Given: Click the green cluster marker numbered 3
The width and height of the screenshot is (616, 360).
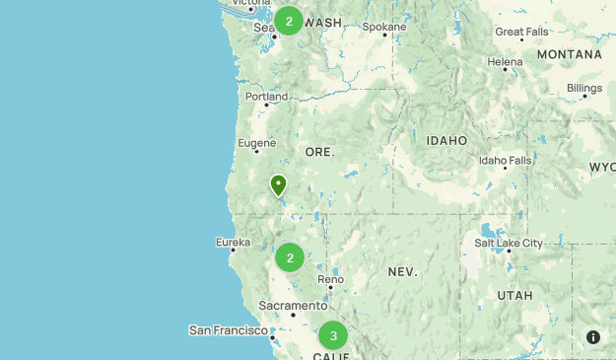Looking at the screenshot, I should pos(333,335).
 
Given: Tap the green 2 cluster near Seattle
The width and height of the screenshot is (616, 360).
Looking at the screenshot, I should pos(289,21).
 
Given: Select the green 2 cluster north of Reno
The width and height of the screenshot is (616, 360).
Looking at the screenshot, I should pos(290,257).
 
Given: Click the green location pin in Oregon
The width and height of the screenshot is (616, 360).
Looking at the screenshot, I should pos(279,184).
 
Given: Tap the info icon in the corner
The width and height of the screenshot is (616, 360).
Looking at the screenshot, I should pos(593,336).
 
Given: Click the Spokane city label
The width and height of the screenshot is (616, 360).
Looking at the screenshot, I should pos(382,27).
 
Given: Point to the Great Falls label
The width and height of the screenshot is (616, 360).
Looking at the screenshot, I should pos(522,32).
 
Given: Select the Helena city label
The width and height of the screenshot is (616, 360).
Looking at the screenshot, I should pos(506,61).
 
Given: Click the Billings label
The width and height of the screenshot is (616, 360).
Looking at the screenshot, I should pos(584,88).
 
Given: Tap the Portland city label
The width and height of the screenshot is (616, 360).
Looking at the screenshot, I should pos(267,97).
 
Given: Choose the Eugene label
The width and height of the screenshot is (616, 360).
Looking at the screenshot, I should pos(256,143).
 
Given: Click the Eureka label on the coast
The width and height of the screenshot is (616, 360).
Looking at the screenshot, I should pos(233,242).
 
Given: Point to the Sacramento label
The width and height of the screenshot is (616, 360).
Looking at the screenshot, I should pos(294,306).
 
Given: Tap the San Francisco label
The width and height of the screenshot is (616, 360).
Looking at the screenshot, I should pos(229,329).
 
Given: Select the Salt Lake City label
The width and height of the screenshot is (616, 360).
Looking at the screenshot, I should pos(508,243).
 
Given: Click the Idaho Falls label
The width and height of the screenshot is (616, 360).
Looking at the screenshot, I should pos(505,160).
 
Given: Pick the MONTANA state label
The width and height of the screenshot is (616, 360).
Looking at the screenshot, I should pos(569,54).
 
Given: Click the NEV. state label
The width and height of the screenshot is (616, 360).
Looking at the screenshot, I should pos(402,270).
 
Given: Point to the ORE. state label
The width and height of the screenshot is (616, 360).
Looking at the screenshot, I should pos(319,152).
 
